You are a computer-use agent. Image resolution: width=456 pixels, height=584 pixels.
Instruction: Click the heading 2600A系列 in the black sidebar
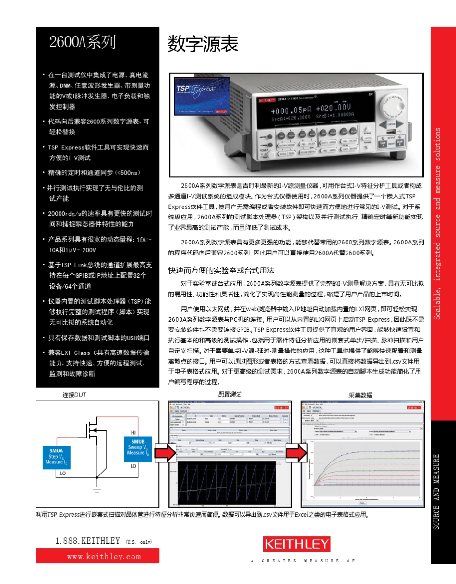[83, 42]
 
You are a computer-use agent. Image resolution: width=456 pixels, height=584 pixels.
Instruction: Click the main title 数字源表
[203, 45]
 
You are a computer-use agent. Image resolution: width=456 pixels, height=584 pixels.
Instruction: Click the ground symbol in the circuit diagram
[97, 490]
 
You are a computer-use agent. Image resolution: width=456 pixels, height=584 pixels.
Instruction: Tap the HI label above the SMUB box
[133, 432]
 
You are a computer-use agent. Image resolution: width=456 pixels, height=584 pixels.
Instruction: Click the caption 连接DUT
[74, 395]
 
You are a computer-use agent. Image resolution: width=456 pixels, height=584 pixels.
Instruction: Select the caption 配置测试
[230, 394]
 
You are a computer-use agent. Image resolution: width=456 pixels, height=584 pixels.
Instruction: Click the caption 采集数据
[360, 395]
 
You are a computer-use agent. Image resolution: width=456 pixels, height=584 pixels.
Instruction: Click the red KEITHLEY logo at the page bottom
[297, 545]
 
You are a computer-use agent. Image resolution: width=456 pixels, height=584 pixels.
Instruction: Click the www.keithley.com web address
[97, 556]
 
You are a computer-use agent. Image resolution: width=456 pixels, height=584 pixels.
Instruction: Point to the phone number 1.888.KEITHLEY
[87, 541]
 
